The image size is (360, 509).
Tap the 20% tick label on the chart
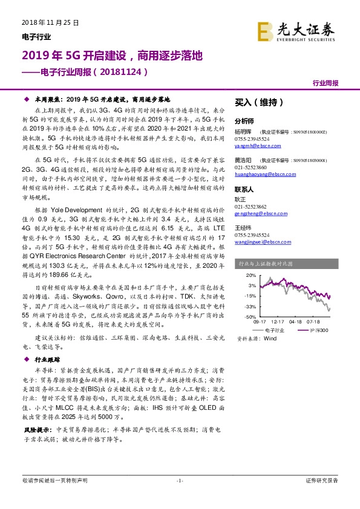click(x=250, y=275)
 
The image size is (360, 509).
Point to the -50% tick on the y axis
click(x=249, y=316)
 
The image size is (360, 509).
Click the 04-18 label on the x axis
click(x=296, y=323)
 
